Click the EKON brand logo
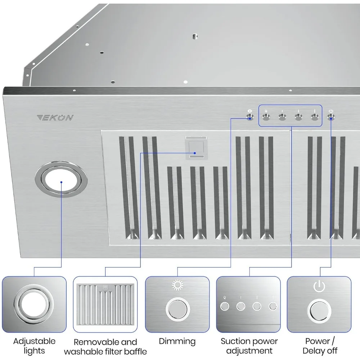pos(55,118)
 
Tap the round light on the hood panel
pos(62,179)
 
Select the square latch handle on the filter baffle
pos(196,148)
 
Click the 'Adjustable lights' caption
pos(34,346)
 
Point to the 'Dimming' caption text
pos(177,341)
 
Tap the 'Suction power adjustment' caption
pos(249,346)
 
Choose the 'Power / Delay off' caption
pos(320,346)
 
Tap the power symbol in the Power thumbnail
pos(319,287)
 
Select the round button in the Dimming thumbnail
pos(177,309)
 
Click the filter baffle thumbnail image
pos(105,305)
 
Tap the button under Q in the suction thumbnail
pos(225,307)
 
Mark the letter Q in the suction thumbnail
pos(225,298)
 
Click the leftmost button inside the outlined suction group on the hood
pos(266,117)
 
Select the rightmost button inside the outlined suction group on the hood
pos(315,117)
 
